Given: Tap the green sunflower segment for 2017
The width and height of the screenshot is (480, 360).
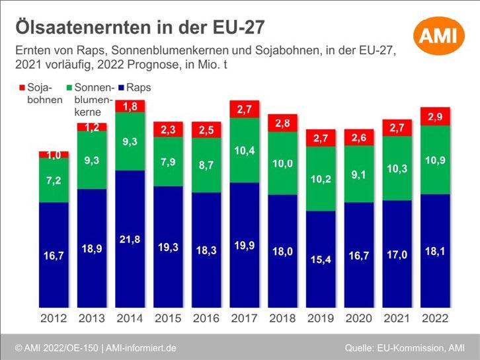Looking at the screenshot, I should click(x=245, y=151).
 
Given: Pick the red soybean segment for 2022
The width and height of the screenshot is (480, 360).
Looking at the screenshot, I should click(x=436, y=116).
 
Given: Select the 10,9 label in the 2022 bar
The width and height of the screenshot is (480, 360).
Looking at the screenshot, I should click(x=436, y=159).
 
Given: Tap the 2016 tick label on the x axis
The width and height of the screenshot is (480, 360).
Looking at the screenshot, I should click(x=206, y=318).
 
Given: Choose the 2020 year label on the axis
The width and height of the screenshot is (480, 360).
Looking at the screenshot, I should click(x=359, y=318).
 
